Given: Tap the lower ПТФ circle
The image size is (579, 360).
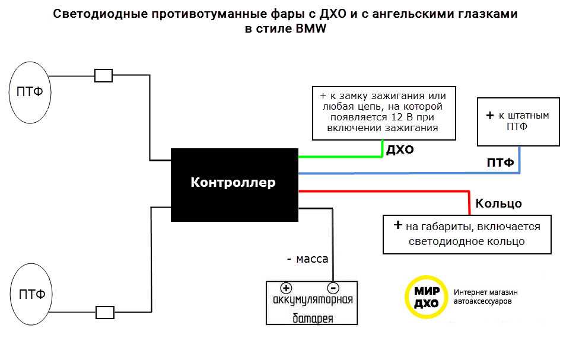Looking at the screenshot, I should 30,295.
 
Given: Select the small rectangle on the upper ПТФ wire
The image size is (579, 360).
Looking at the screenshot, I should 104,75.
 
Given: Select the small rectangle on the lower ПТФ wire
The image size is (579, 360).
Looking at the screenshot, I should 104,312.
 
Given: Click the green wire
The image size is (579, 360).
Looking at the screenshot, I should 338,157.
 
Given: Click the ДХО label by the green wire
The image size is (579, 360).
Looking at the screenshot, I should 400,149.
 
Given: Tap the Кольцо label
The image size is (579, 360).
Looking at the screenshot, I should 498,203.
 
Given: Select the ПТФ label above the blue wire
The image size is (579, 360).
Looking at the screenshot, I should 500,163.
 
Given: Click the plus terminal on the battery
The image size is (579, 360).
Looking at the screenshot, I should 285,288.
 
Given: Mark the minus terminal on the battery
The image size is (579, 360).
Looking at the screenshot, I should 333,288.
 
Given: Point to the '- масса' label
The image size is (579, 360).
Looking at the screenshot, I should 307,259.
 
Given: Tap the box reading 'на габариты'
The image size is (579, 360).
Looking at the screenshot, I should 467,234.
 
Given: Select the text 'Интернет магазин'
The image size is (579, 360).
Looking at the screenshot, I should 486,292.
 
